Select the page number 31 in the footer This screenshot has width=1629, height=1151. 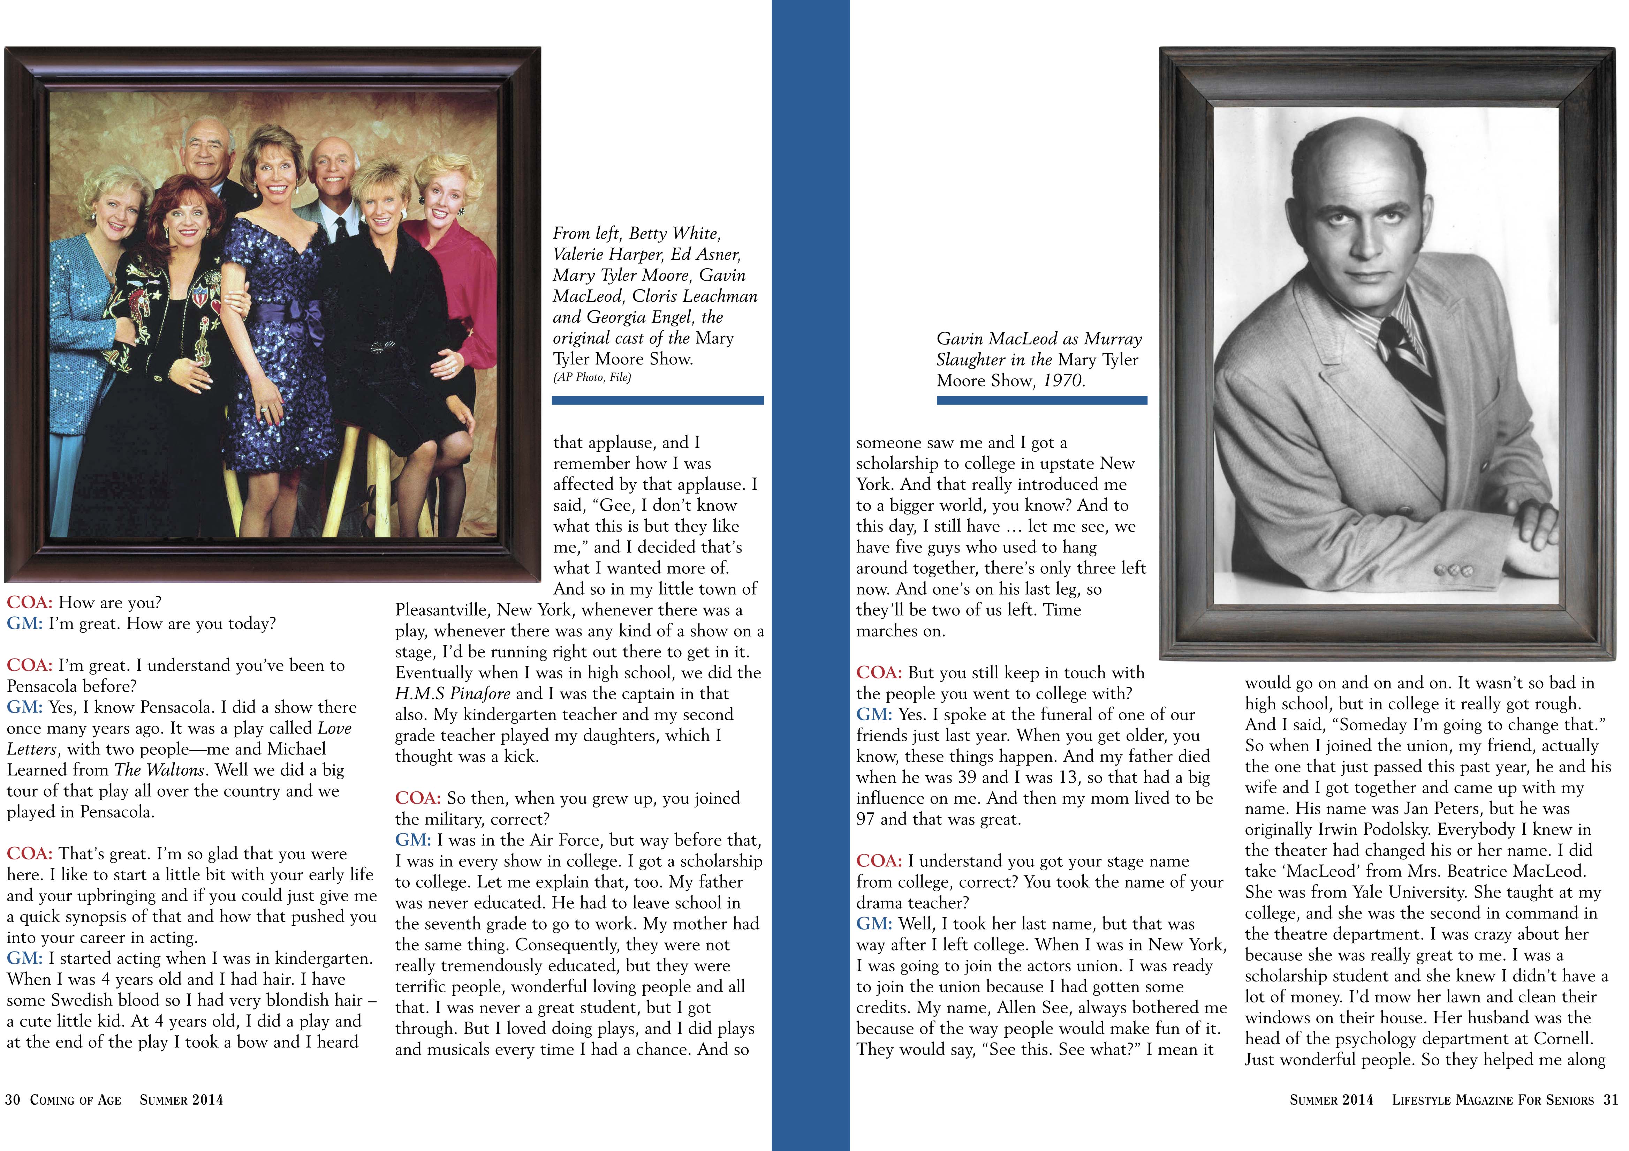click(1611, 1100)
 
